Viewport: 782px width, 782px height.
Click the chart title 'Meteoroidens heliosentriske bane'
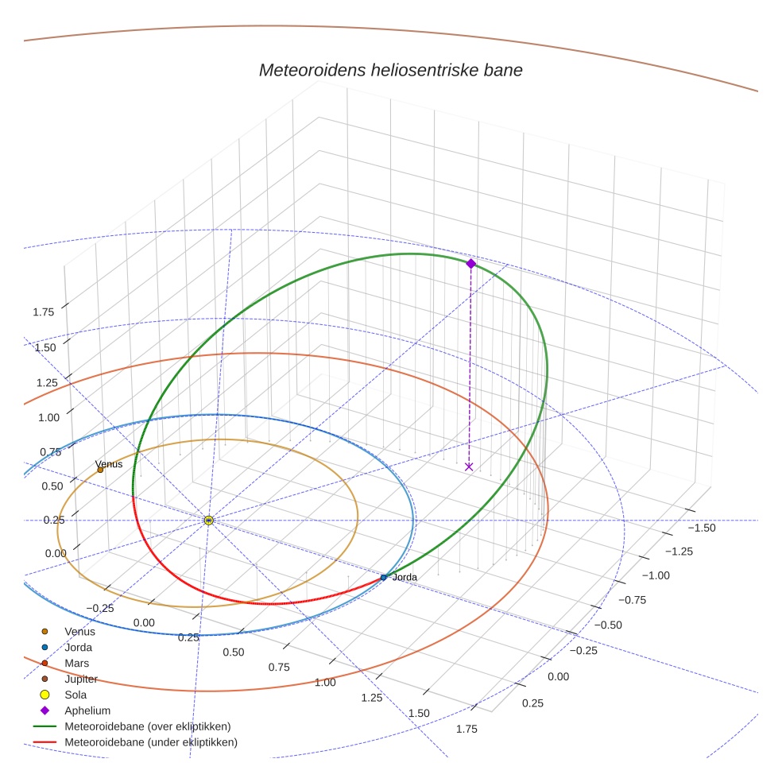tap(390, 70)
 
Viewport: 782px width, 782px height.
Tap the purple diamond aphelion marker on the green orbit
tap(470, 263)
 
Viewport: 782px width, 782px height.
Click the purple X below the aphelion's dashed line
tap(469, 466)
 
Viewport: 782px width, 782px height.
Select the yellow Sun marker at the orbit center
tap(208, 520)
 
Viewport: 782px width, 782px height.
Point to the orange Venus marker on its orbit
tap(100, 470)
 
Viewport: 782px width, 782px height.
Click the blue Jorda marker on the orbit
tap(384, 578)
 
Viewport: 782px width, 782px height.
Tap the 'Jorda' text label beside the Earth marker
tap(405, 577)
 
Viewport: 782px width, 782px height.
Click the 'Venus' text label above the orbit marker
tap(108, 463)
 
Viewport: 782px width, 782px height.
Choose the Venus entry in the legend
tap(79, 632)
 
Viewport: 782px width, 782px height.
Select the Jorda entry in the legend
tap(78, 648)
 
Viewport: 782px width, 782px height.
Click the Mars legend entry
tap(76, 664)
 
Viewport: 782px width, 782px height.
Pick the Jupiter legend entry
tap(81, 679)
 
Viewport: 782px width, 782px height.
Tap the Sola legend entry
tap(76, 695)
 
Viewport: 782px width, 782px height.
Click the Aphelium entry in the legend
tap(87, 710)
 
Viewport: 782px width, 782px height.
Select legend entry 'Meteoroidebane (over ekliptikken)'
tap(147, 726)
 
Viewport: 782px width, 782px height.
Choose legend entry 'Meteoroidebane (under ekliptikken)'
tap(150, 742)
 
